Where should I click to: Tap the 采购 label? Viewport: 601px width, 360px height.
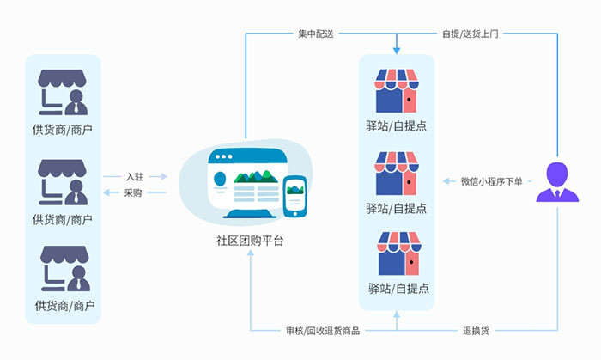(x=133, y=192)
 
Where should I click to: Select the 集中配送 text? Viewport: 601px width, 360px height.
(x=315, y=34)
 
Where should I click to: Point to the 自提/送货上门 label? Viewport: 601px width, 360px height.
(x=470, y=34)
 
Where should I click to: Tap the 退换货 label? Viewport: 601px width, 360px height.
(x=477, y=330)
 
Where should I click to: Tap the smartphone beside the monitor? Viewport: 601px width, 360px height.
(x=295, y=196)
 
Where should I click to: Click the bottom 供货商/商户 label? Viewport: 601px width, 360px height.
(x=64, y=305)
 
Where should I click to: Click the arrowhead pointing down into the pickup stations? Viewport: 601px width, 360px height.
(x=397, y=49)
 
